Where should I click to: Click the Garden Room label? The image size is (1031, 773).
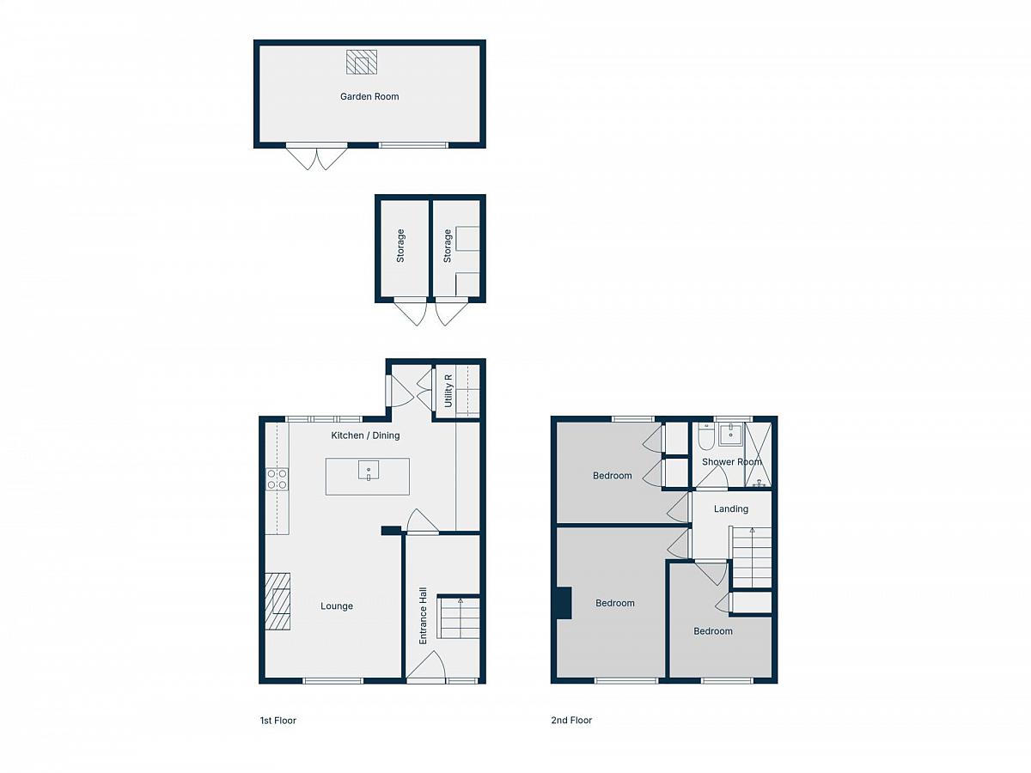tap(369, 97)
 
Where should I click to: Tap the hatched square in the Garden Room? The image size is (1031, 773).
tap(362, 62)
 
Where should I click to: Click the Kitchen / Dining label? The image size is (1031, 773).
tap(365, 435)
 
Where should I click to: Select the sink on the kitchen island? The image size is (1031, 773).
tap(369, 471)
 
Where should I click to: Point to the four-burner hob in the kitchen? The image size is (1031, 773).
tap(278, 479)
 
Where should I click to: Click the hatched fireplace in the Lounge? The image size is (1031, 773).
tap(278, 602)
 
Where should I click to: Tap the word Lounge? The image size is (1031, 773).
tap(337, 606)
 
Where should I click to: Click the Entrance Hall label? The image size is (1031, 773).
tap(423, 616)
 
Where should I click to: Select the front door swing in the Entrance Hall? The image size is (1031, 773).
tap(426, 665)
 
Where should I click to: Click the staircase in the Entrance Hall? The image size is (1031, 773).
tap(459, 617)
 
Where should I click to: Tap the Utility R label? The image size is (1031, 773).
tap(448, 391)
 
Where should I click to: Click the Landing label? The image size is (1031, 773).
tap(731, 508)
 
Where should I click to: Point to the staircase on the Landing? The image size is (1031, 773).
tap(752, 557)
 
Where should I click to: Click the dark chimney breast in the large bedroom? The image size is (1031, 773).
tap(564, 603)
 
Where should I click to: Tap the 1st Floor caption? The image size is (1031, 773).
tap(278, 721)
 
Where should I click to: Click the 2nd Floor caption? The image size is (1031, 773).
tap(571, 720)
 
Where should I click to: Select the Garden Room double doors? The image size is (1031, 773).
tap(317, 157)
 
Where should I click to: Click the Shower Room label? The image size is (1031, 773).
tap(731, 462)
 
